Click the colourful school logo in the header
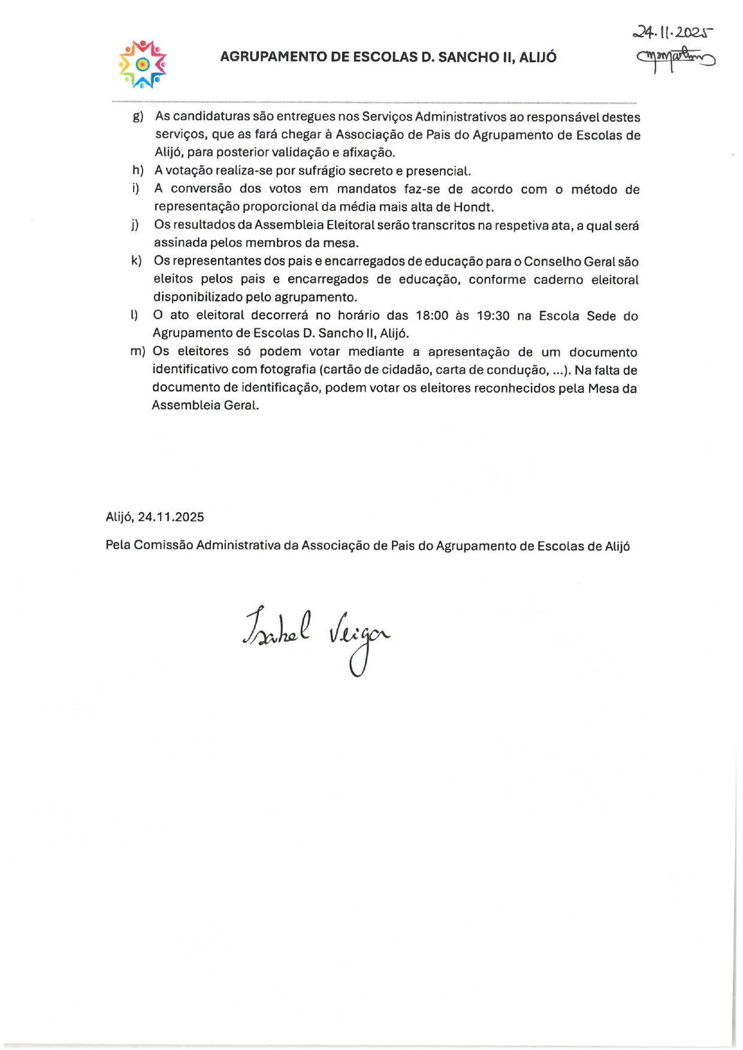click(x=143, y=64)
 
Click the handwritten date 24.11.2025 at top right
click(x=673, y=32)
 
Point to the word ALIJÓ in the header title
click(x=537, y=58)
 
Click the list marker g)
click(x=138, y=117)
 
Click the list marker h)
click(x=138, y=171)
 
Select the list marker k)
click(x=137, y=261)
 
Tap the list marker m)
click(x=137, y=352)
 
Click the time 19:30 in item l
click(x=493, y=316)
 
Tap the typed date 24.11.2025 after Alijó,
click(x=171, y=517)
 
